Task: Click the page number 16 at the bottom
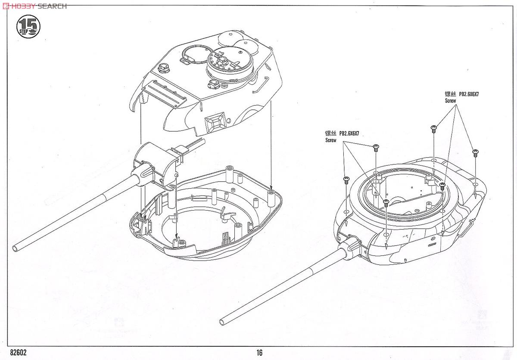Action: pos(259,353)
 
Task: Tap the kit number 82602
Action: pos(17,352)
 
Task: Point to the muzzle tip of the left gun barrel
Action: pos(16,248)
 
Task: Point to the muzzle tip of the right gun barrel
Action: pos(223,322)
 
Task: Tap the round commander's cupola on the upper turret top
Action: pos(228,62)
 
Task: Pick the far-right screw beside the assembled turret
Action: pos(475,152)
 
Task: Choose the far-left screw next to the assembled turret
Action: pos(346,179)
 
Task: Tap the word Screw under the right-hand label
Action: pos(450,100)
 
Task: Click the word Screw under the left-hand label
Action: pos(330,140)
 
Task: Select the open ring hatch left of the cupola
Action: pos(193,55)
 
